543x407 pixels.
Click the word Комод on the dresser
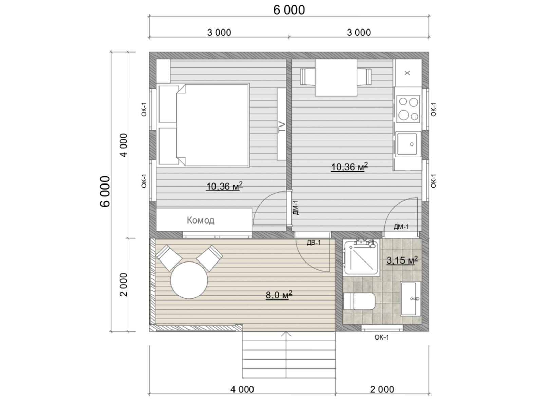coord(200,220)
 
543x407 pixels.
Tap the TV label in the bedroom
coord(282,128)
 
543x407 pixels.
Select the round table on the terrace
coord(189,280)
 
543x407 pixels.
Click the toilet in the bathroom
coord(359,301)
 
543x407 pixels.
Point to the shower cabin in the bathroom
coord(361,257)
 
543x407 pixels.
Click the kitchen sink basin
coord(407,144)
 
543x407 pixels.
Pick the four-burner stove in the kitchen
coord(408,109)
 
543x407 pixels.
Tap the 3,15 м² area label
coord(402,260)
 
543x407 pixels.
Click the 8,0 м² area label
coord(279,295)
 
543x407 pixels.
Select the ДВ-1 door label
coord(314,243)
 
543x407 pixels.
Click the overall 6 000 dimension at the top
coord(289,10)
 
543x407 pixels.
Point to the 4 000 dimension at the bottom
coord(242,389)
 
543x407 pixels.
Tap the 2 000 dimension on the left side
coord(123,285)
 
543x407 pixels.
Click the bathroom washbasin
coord(410,299)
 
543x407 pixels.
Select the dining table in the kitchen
coord(336,78)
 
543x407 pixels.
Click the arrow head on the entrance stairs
coord(286,334)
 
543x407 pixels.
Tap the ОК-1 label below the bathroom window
coord(382,337)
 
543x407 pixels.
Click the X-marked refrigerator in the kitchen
coord(407,73)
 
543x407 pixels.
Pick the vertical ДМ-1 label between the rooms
coord(295,208)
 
